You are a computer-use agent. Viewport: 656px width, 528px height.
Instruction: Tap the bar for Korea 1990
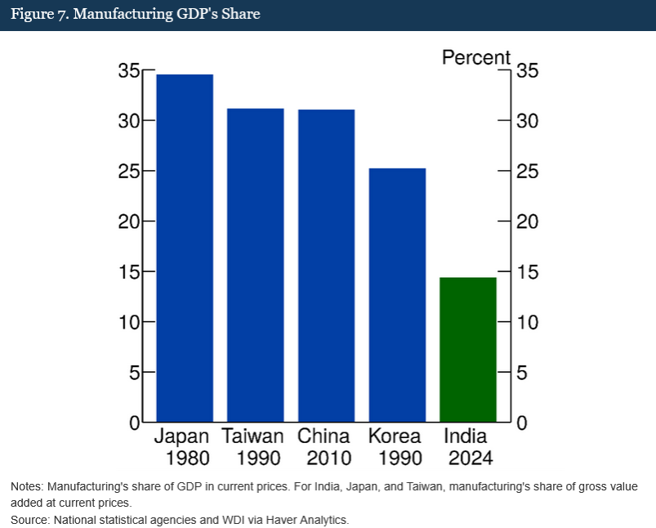click(397, 295)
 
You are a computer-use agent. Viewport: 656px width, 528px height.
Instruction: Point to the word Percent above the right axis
click(475, 58)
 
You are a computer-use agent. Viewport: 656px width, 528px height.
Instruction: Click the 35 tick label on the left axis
click(129, 71)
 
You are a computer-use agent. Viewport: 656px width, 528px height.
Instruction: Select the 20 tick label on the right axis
click(528, 221)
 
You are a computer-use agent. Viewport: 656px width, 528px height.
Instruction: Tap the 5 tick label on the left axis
click(135, 373)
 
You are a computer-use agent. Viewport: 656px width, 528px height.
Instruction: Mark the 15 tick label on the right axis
click(528, 272)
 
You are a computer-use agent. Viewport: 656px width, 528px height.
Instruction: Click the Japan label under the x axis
click(181, 436)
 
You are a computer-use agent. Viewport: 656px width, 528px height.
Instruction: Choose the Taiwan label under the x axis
click(252, 436)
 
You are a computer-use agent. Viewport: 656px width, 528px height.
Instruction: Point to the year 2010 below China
click(324, 458)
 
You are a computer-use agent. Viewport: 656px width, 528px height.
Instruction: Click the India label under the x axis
click(465, 436)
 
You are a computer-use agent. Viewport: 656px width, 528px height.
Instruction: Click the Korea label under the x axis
click(395, 436)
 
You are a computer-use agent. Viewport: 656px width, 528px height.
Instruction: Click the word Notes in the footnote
click(27, 486)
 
